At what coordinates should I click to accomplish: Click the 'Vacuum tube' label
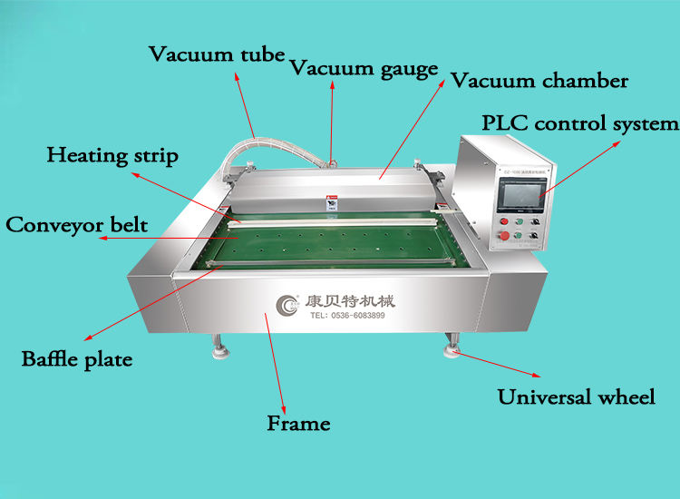218,54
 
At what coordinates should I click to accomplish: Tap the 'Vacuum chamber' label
539,81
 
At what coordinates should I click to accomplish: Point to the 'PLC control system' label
579,123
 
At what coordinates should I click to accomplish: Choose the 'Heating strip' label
112,154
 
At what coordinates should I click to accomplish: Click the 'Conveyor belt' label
77,224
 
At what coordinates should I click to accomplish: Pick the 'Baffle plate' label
77,359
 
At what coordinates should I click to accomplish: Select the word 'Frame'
298,423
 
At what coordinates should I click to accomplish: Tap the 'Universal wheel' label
576,396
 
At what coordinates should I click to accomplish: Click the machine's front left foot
219,347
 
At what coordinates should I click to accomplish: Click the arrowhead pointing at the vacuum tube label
238,76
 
